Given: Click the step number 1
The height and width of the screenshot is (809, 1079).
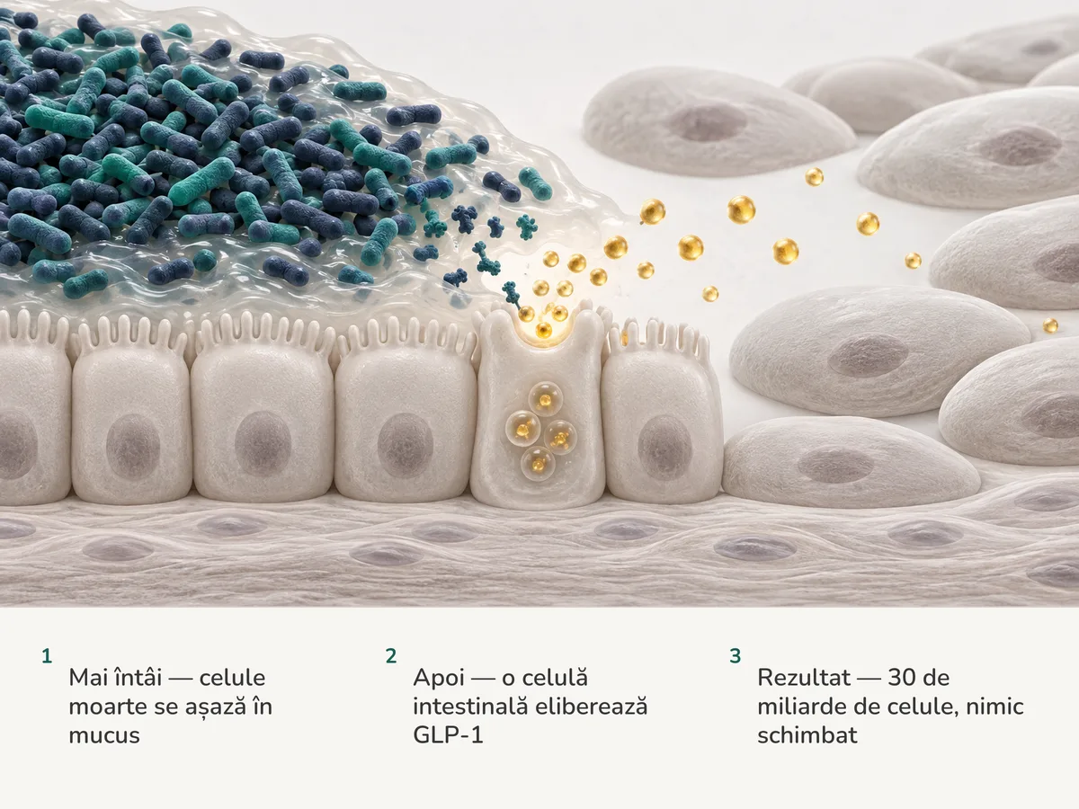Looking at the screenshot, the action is [x=47, y=656].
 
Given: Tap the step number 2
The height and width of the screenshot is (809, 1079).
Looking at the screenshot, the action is [x=391, y=656].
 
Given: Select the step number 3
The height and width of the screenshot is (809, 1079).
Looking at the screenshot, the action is [x=735, y=656].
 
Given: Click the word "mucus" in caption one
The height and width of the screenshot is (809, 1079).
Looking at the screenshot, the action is [x=104, y=736].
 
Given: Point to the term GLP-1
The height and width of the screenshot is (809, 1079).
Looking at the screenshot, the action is [x=448, y=735].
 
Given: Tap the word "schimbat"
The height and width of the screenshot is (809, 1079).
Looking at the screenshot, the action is [x=807, y=735].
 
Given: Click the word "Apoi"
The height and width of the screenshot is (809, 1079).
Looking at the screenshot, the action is [x=439, y=679].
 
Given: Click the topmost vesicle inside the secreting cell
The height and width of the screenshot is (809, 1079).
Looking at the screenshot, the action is [x=545, y=399].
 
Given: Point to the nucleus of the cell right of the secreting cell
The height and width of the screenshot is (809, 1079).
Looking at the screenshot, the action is [x=664, y=447].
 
